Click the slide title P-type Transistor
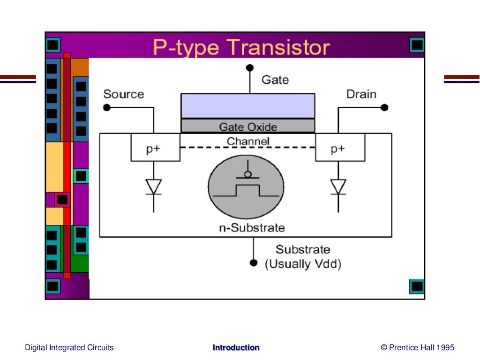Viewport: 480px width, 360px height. point(241,48)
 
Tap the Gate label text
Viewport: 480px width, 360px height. point(275,80)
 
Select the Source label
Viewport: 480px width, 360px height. point(124,94)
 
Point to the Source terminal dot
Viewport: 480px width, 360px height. point(107,108)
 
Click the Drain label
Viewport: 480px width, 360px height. point(361,94)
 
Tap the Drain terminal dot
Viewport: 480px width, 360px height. point(384,107)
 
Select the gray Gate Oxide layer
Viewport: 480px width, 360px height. point(247,126)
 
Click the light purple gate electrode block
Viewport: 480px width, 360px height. point(247,105)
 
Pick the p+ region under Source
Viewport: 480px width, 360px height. point(155,148)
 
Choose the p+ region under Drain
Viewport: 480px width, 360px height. point(340,148)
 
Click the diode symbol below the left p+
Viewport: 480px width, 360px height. point(153,187)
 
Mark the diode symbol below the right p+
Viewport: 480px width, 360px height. point(338,187)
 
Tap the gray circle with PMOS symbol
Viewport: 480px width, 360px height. point(246,186)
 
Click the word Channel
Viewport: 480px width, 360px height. point(248,141)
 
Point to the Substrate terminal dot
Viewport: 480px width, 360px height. point(254,262)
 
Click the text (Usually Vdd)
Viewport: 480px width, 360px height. point(303,264)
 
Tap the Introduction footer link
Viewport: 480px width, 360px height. point(236,348)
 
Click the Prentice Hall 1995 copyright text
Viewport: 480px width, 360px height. point(418,348)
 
